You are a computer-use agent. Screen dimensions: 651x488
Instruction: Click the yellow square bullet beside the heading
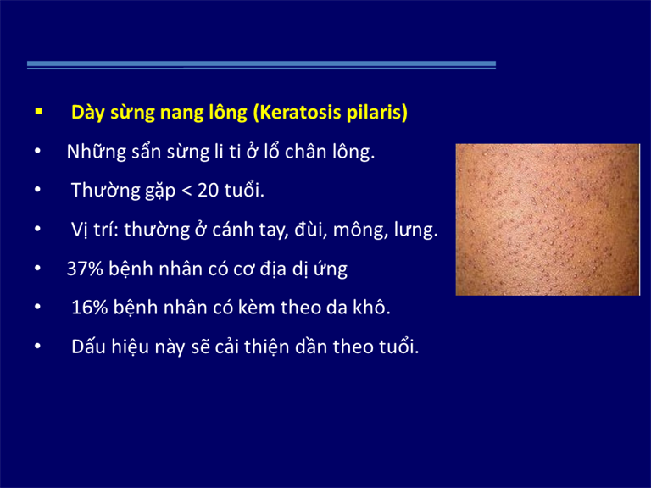pos(39,111)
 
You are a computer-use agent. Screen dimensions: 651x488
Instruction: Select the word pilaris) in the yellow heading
pos(377,114)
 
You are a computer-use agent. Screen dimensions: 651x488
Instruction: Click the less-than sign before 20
pos(186,191)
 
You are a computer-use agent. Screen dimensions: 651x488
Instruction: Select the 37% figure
pos(85,269)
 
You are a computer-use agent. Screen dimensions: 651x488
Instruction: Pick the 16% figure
pos(90,308)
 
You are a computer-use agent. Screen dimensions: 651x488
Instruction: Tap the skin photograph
pos(548,219)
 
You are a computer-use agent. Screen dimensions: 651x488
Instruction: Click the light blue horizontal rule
pos(261,64)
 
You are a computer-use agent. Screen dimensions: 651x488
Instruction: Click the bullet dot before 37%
pos(38,269)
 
